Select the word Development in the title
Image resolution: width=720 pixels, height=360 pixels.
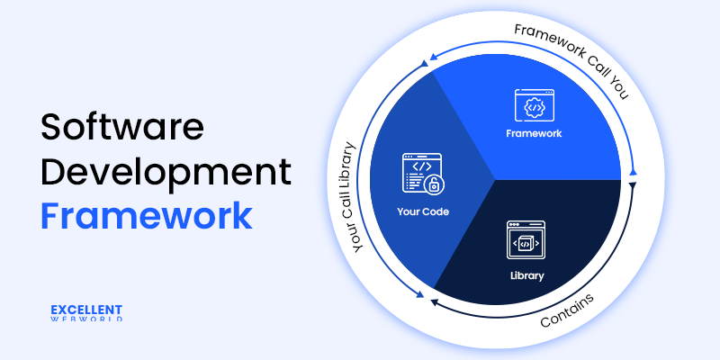click(x=166, y=172)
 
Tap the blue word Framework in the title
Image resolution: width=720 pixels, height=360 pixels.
click(x=146, y=216)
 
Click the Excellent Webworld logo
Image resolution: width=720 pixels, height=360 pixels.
click(x=86, y=312)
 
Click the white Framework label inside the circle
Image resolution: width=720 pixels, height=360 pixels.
click(x=534, y=133)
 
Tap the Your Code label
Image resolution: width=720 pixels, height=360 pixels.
click(x=422, y=212)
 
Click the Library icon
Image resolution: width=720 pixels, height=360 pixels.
click(x=527, y=238)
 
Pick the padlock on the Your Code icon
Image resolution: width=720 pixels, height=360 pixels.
click(x=433, y=185)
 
